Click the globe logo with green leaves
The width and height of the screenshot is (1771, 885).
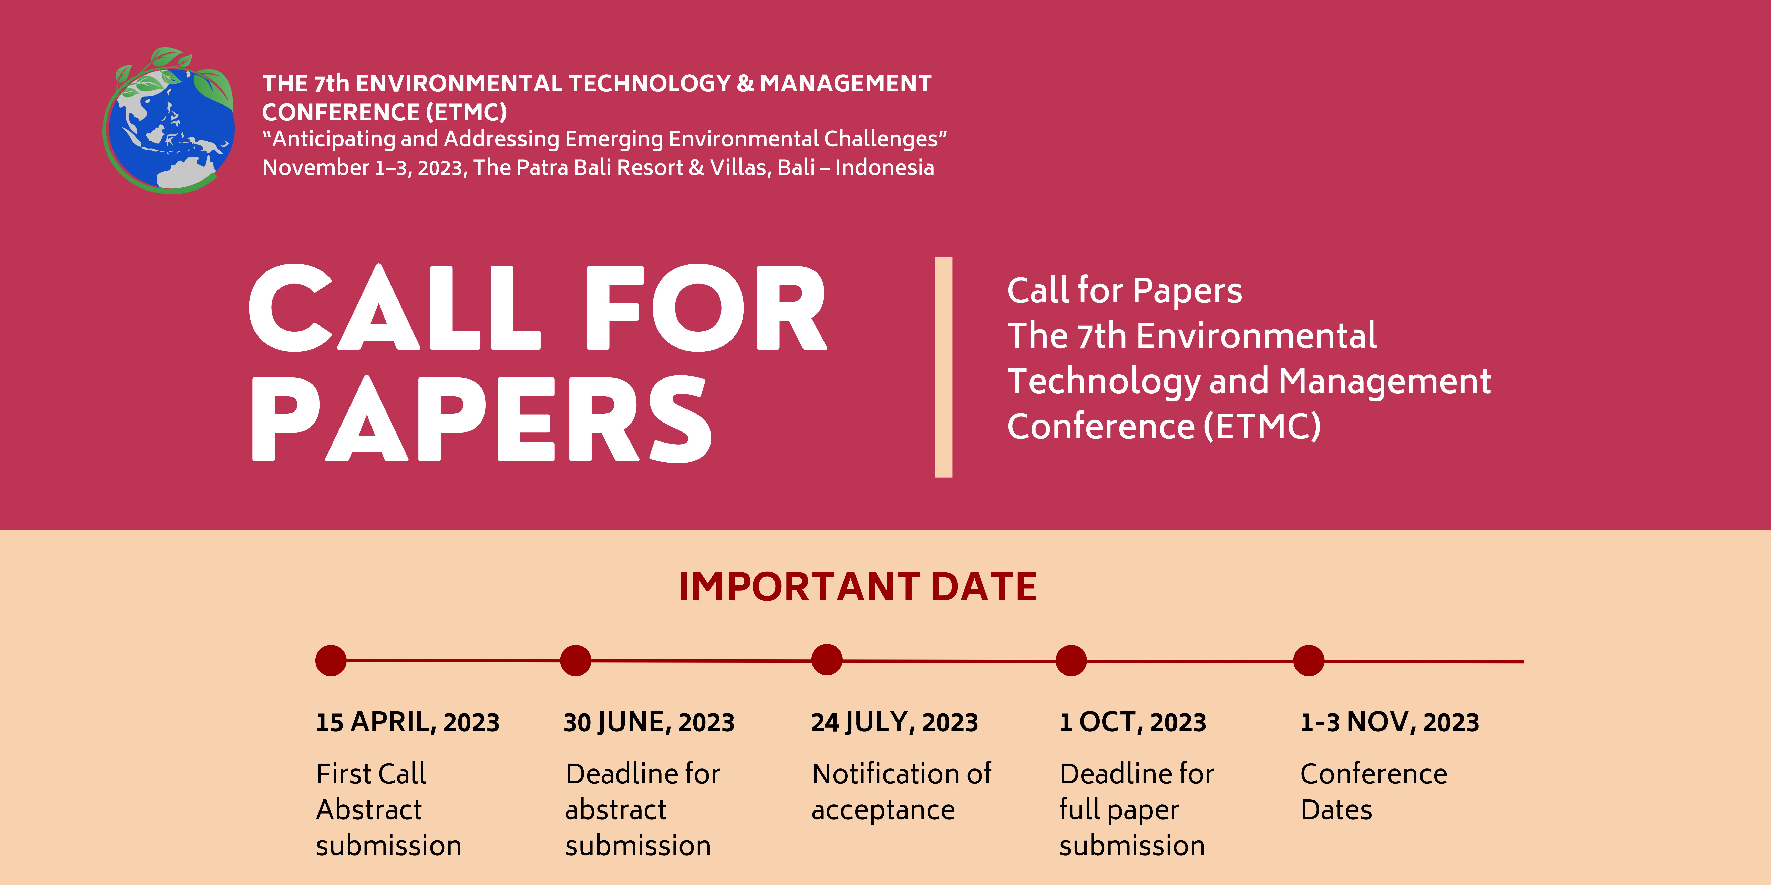click(x=169, y=120)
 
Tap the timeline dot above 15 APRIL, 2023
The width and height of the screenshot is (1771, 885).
click(x=331, y=660)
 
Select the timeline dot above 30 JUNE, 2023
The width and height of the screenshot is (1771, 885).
click(x=575, y=660)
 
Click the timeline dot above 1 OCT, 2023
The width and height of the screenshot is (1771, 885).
click(x=1071, y=660)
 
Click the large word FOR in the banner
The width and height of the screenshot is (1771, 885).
click(x=706, y=308)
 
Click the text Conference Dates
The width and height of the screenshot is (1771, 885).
click(x=1374, y=792)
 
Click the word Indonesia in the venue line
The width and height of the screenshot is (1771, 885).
click(x=885, y=168)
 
